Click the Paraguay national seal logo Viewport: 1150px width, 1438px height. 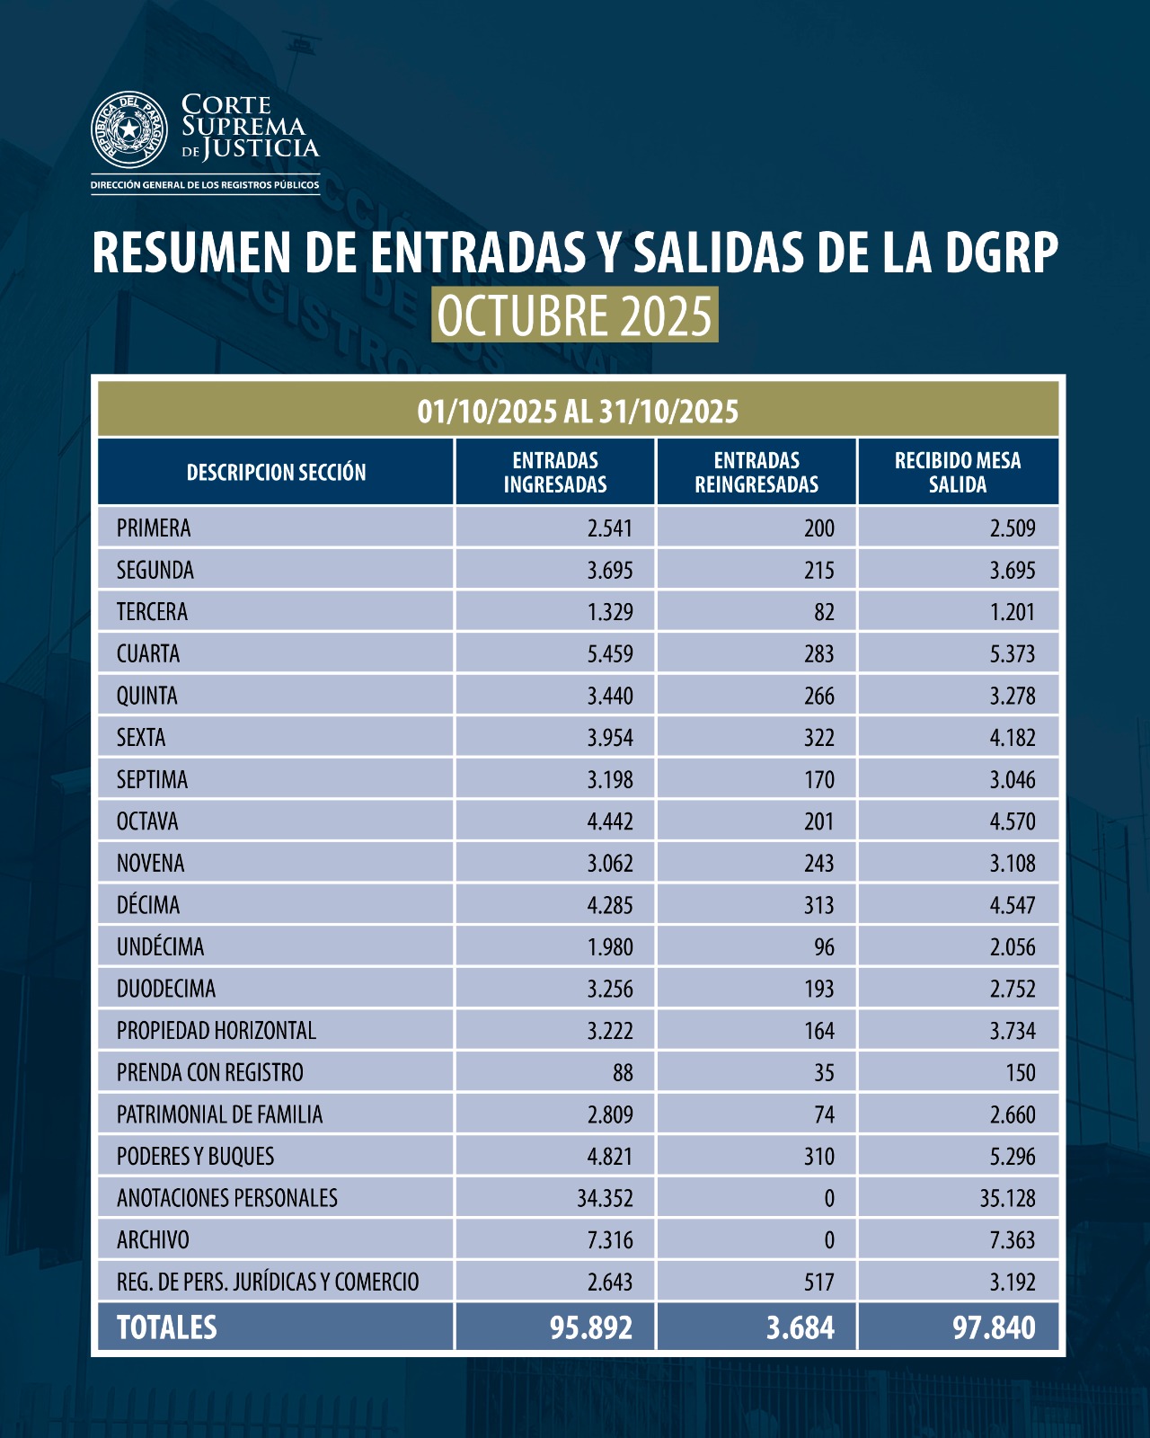click(129, 129)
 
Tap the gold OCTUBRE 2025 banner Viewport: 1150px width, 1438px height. click(575, 315)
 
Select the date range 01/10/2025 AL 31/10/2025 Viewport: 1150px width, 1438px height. click(578, 412)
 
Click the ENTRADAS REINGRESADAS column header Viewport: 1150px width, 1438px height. click(756, 472)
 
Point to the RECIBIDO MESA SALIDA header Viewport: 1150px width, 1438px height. click(958, 472)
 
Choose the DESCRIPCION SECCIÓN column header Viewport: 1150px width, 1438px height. click(276, 473)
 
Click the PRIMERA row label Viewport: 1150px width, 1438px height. click(154, 528)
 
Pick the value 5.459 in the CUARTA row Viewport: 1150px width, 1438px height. click(610, 653)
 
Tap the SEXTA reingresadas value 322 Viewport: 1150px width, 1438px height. click(818, 738)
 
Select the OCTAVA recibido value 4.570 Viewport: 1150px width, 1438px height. click(1013, 821)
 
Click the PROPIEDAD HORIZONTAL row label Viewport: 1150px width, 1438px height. click(217, 1031)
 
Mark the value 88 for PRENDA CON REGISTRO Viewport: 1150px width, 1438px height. click(622, 1073)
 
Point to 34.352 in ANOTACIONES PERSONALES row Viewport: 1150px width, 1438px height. click(605, 1198)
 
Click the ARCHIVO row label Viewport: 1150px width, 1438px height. click(153, 1240)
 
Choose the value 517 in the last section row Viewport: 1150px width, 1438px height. click(818, 1282)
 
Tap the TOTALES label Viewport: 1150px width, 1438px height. click(167, 1327)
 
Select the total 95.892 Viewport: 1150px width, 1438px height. click(591, 1327)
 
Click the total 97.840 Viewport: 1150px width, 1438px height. click(994, 1327)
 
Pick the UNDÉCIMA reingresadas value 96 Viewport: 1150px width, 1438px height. click(824, 947)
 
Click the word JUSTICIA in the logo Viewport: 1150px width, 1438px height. click(261, 148)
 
